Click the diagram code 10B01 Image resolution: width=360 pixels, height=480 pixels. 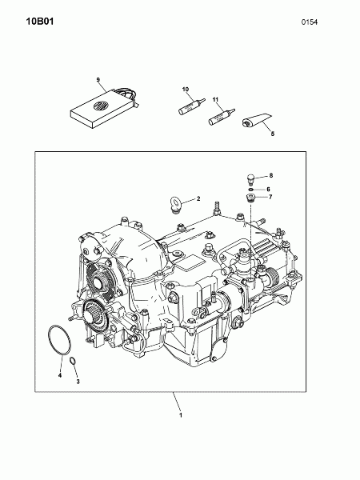(40, 22)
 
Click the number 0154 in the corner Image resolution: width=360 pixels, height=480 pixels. (310, 22)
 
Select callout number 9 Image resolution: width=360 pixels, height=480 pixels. (98, 79)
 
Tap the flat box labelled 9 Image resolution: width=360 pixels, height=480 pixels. (104, 108)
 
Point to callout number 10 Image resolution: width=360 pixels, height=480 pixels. (186, 89)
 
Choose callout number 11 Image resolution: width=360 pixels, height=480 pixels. (215, 99)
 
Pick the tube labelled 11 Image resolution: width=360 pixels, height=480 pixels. (222, 117)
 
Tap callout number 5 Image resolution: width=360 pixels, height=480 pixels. (273, 134)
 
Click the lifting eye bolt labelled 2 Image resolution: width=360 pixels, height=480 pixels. (176, 204)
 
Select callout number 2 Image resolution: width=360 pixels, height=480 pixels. (198, 198)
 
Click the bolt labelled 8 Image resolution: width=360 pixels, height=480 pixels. (250, 179)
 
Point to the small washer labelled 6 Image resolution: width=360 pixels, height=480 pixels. (251, 190)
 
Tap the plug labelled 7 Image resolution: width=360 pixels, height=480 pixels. (251, 198)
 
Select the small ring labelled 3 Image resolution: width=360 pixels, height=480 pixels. (73, 361)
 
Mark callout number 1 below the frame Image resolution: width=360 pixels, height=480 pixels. (181, 415)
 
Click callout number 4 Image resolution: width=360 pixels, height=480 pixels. (60, 375)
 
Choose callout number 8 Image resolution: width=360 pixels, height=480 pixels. (271, 175)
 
